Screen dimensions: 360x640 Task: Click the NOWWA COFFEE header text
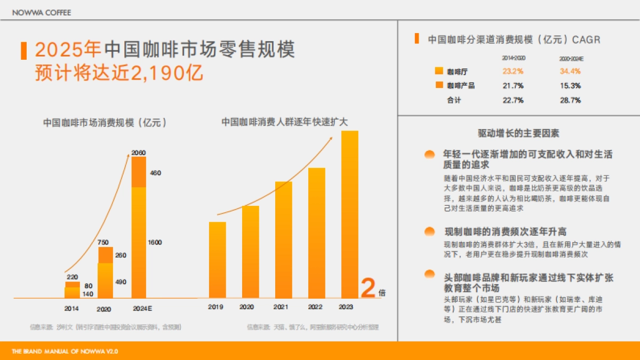pos(41,12)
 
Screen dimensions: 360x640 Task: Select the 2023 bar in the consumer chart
pos(350,213)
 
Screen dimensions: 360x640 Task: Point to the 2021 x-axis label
pos(281,307)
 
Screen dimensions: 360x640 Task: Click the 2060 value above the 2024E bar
pos(139,153)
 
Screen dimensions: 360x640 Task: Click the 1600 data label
pos(155,243)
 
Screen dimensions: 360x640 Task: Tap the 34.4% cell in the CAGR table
pos(570,71)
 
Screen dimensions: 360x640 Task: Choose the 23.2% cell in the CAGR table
pos(513,71)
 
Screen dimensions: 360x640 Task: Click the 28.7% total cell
pos(570,100)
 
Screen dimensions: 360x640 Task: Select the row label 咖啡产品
pos(461,85)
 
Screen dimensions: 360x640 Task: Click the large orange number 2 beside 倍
pos(369,289)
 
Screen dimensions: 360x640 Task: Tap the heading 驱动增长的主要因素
pos(518,133)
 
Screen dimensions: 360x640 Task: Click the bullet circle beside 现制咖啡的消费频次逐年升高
pos(429,231)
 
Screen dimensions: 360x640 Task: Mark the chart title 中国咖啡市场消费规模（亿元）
pos(105,122)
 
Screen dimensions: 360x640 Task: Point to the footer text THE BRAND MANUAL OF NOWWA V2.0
pos(65,351)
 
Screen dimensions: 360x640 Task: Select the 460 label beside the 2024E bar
pos(156,173)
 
